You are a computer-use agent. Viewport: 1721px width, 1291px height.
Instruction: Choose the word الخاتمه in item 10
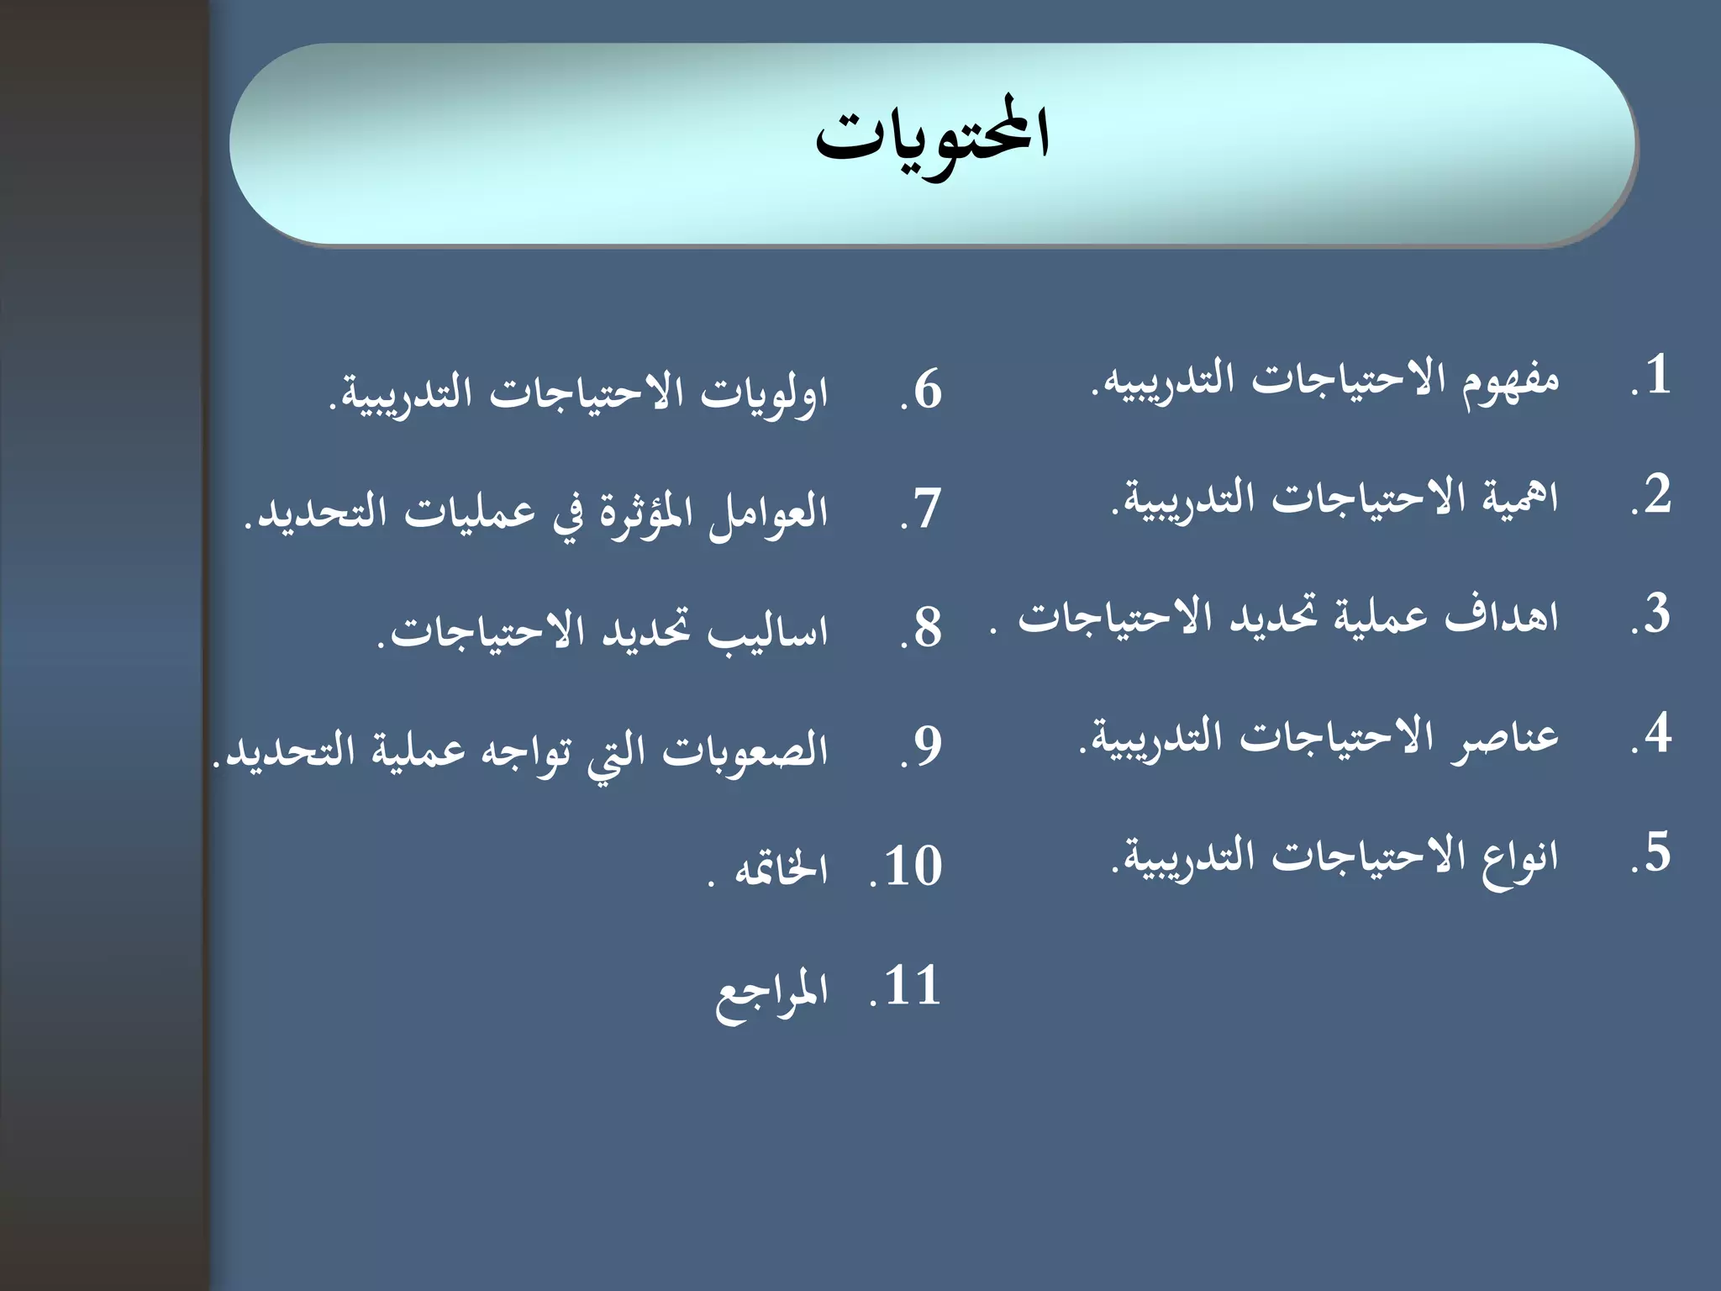[782, 869]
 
